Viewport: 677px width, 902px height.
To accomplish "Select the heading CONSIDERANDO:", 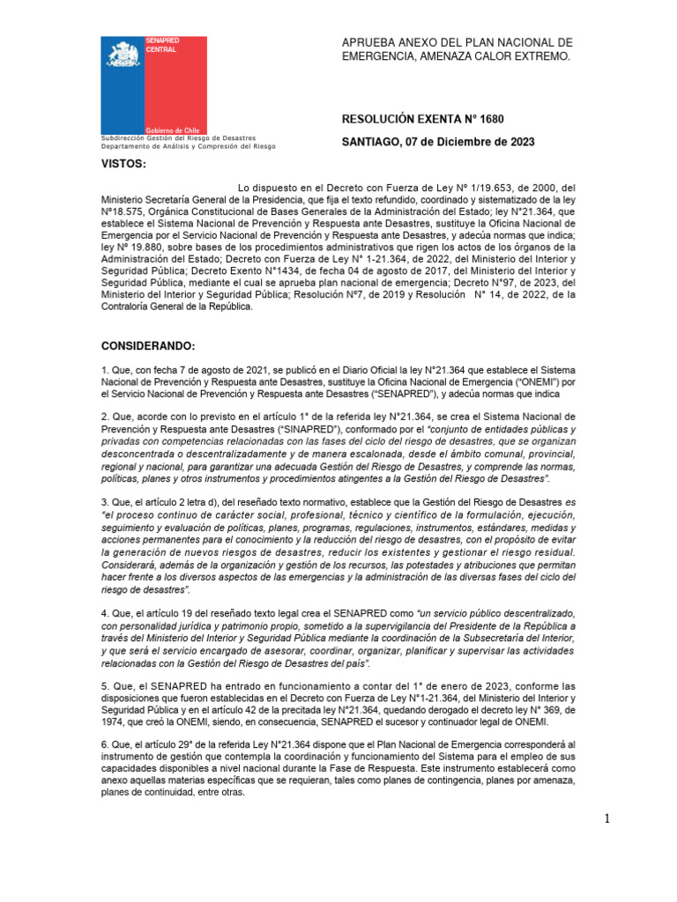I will pyautogui.click(x=147, y=344).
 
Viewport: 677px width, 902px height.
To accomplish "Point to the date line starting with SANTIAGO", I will pyautogui.click(x=437, y=142).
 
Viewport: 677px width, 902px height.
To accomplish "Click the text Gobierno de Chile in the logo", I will pyautogui.click(x=174, y=129).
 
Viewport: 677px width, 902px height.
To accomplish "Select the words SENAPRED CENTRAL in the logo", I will pyautogui.click(x=162, y=46).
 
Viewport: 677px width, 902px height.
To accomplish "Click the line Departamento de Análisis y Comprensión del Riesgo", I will pyautogui.click(x=188, y=146).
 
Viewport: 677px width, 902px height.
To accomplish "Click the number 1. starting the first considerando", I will pyautogui.click(x=104, y=371).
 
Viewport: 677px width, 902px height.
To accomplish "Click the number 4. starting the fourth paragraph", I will pyautogui.click(x=104, y=612).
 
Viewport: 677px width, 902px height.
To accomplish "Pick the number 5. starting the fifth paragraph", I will pyautogui.click(x=104, y=686).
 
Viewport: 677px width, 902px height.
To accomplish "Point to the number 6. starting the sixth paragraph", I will pyautogui.click(x=104, y=744).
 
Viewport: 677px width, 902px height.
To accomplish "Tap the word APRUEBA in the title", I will pyautogui.click(x=370, y=42).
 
